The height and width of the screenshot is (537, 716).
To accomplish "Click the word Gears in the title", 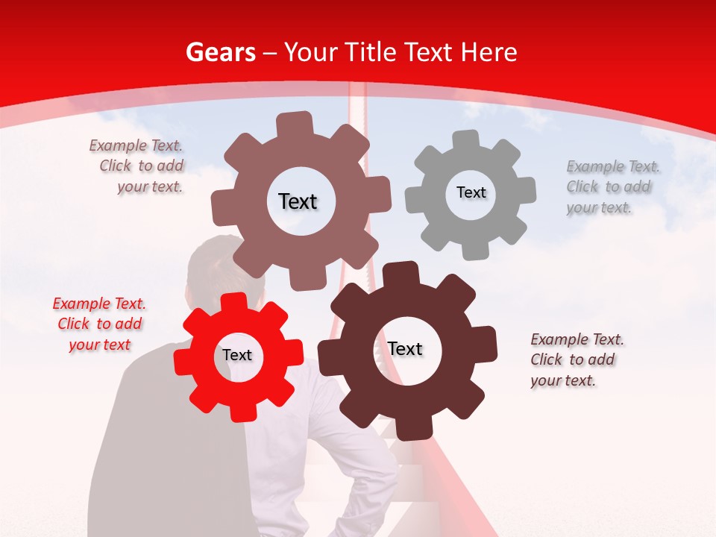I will (220, 52).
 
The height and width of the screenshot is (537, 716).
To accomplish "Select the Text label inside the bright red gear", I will (237, 355).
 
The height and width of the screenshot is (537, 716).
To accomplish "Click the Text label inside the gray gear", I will (471, 192).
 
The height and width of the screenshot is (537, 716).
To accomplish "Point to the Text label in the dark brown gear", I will (405, 348).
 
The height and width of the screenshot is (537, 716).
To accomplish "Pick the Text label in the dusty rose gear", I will (298, 201).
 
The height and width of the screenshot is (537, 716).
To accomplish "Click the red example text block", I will (99, 324).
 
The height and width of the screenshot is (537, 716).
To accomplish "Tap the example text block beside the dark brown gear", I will (577, 359).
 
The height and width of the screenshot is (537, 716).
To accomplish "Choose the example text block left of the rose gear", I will (136, 166).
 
